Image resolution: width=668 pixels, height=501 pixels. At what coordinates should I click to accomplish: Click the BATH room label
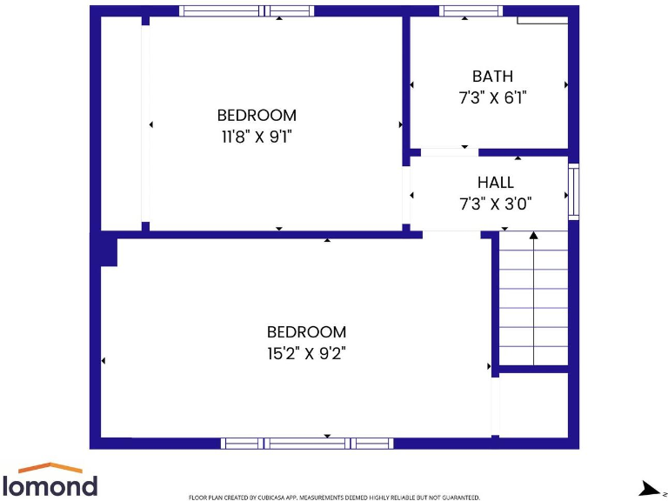point(492,77)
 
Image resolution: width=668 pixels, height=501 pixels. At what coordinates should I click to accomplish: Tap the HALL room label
point(495,183)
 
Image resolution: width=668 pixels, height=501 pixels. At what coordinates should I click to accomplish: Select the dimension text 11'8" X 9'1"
point(257,137)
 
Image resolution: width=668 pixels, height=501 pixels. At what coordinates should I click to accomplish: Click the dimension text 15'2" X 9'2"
point(306,353)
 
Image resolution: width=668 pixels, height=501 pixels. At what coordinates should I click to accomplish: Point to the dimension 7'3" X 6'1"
point(492,98)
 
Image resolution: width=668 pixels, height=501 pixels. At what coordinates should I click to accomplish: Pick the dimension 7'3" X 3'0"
point(495,204)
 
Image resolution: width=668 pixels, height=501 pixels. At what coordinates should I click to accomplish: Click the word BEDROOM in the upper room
point(257,115)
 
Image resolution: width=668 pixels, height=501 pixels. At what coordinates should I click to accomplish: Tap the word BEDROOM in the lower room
point(306,331)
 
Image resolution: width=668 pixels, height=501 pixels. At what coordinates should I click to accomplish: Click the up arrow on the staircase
point(533,235)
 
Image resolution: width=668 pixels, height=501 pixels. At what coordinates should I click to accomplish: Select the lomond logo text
point(50,485)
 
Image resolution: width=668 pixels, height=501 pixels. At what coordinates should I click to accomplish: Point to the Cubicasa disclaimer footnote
point(334,498)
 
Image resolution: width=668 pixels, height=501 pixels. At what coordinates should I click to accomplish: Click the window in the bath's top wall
point(471,11)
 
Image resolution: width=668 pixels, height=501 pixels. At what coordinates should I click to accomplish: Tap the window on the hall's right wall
point(573,190)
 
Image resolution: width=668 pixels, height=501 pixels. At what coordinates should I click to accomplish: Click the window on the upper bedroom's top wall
point(246,11)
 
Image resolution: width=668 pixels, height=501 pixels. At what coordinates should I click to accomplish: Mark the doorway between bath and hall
point(450,152)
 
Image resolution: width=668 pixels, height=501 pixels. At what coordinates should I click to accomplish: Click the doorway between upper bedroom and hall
point(406,194)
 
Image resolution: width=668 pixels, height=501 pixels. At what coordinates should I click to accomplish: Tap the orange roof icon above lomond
point(50,468)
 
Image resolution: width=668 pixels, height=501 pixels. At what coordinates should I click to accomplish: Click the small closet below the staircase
point(533,405)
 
